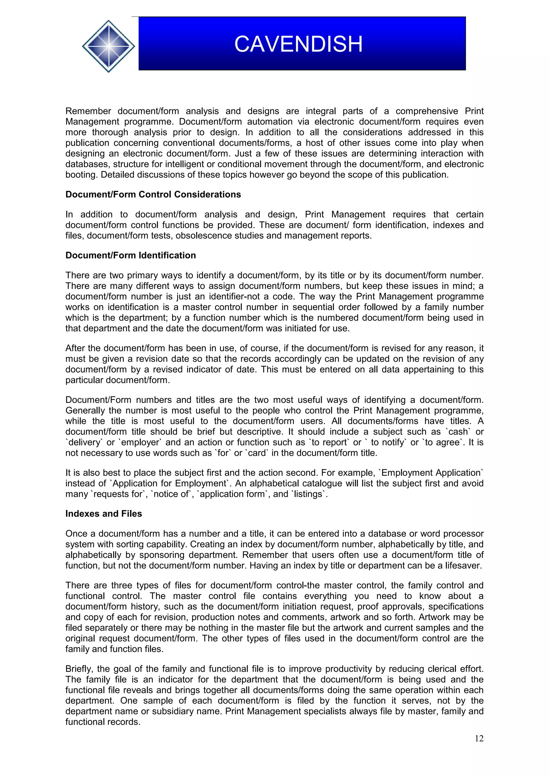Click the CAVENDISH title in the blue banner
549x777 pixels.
click(298, 44)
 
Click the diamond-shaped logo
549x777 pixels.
click(108, 46)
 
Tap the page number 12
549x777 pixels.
click(479, 738)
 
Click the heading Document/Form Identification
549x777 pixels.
click(131, 255)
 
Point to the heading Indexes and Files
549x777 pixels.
click(103, 513)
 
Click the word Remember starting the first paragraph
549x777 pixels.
click(88, 111)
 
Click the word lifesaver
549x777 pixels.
click(463, 565)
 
